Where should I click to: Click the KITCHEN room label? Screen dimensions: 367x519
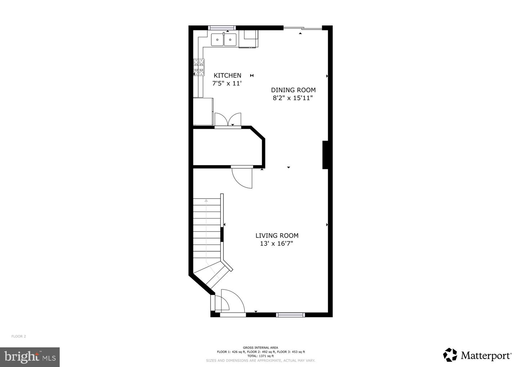227,75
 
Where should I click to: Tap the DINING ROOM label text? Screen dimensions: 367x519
293,90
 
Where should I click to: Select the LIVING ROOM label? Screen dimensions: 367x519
277,236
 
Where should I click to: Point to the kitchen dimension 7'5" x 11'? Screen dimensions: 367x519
226,83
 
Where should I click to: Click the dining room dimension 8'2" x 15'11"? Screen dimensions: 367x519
292,98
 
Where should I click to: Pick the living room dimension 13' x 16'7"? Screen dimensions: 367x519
276,244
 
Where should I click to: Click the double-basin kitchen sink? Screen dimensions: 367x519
223,39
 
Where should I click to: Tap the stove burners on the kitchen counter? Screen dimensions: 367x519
199,67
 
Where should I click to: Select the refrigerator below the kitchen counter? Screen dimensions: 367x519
203,111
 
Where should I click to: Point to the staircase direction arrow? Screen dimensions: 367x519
206,231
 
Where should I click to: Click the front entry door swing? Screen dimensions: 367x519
231,301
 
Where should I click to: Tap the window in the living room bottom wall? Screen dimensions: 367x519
290,315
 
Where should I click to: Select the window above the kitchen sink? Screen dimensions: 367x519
222,28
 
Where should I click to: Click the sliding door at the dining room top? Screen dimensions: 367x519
302,28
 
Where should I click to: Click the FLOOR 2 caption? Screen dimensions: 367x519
19,336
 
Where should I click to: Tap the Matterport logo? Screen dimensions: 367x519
477,355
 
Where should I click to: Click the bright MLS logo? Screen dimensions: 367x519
30,357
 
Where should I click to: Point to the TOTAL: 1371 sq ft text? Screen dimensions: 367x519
260,356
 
